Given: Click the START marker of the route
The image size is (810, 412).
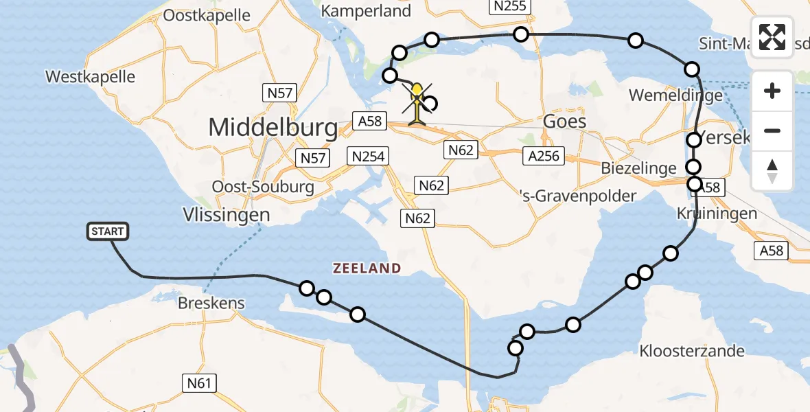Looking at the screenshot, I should coord(108,231).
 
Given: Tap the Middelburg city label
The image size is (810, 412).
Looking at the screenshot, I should coord(273,127).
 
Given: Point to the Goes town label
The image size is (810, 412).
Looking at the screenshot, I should coord(564,122).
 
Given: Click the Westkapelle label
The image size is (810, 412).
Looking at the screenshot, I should coord(90,76).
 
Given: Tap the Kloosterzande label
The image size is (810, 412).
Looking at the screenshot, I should coord(691,351).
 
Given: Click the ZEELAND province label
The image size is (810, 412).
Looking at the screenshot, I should coord(367,268).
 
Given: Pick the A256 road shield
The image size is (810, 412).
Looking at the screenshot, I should coord(543,156).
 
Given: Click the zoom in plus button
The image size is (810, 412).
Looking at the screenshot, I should coord(772,91).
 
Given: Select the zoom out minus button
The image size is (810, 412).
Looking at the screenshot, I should coord(772,130).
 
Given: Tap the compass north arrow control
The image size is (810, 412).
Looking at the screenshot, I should coord(772,170).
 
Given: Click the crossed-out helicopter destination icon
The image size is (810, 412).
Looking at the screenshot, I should coord(417,103).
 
